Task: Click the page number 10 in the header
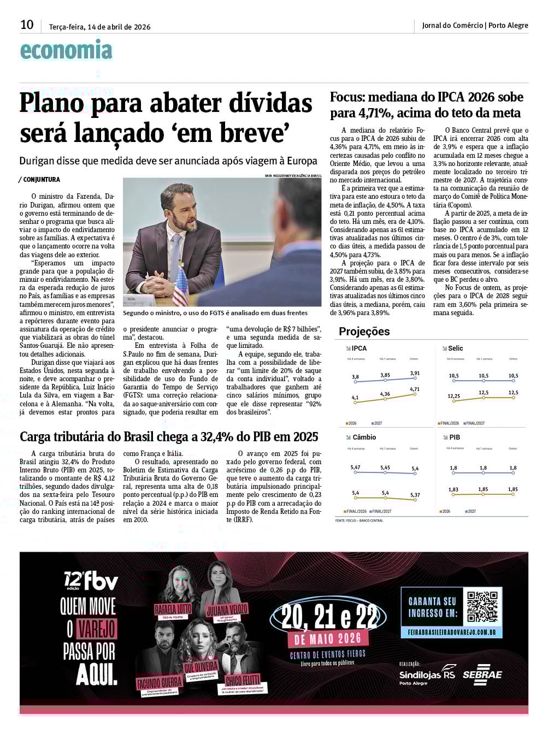coord(27,25)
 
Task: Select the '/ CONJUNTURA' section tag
coord(39,180)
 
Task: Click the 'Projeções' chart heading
coord(364,332)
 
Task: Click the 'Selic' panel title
coord(455,348)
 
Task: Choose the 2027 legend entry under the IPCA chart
coord(377,423)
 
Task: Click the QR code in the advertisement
coord(482,605)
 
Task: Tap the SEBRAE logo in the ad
coord(482,675)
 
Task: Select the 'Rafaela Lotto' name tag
coord(173,609)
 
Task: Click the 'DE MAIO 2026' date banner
coord(328,639)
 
